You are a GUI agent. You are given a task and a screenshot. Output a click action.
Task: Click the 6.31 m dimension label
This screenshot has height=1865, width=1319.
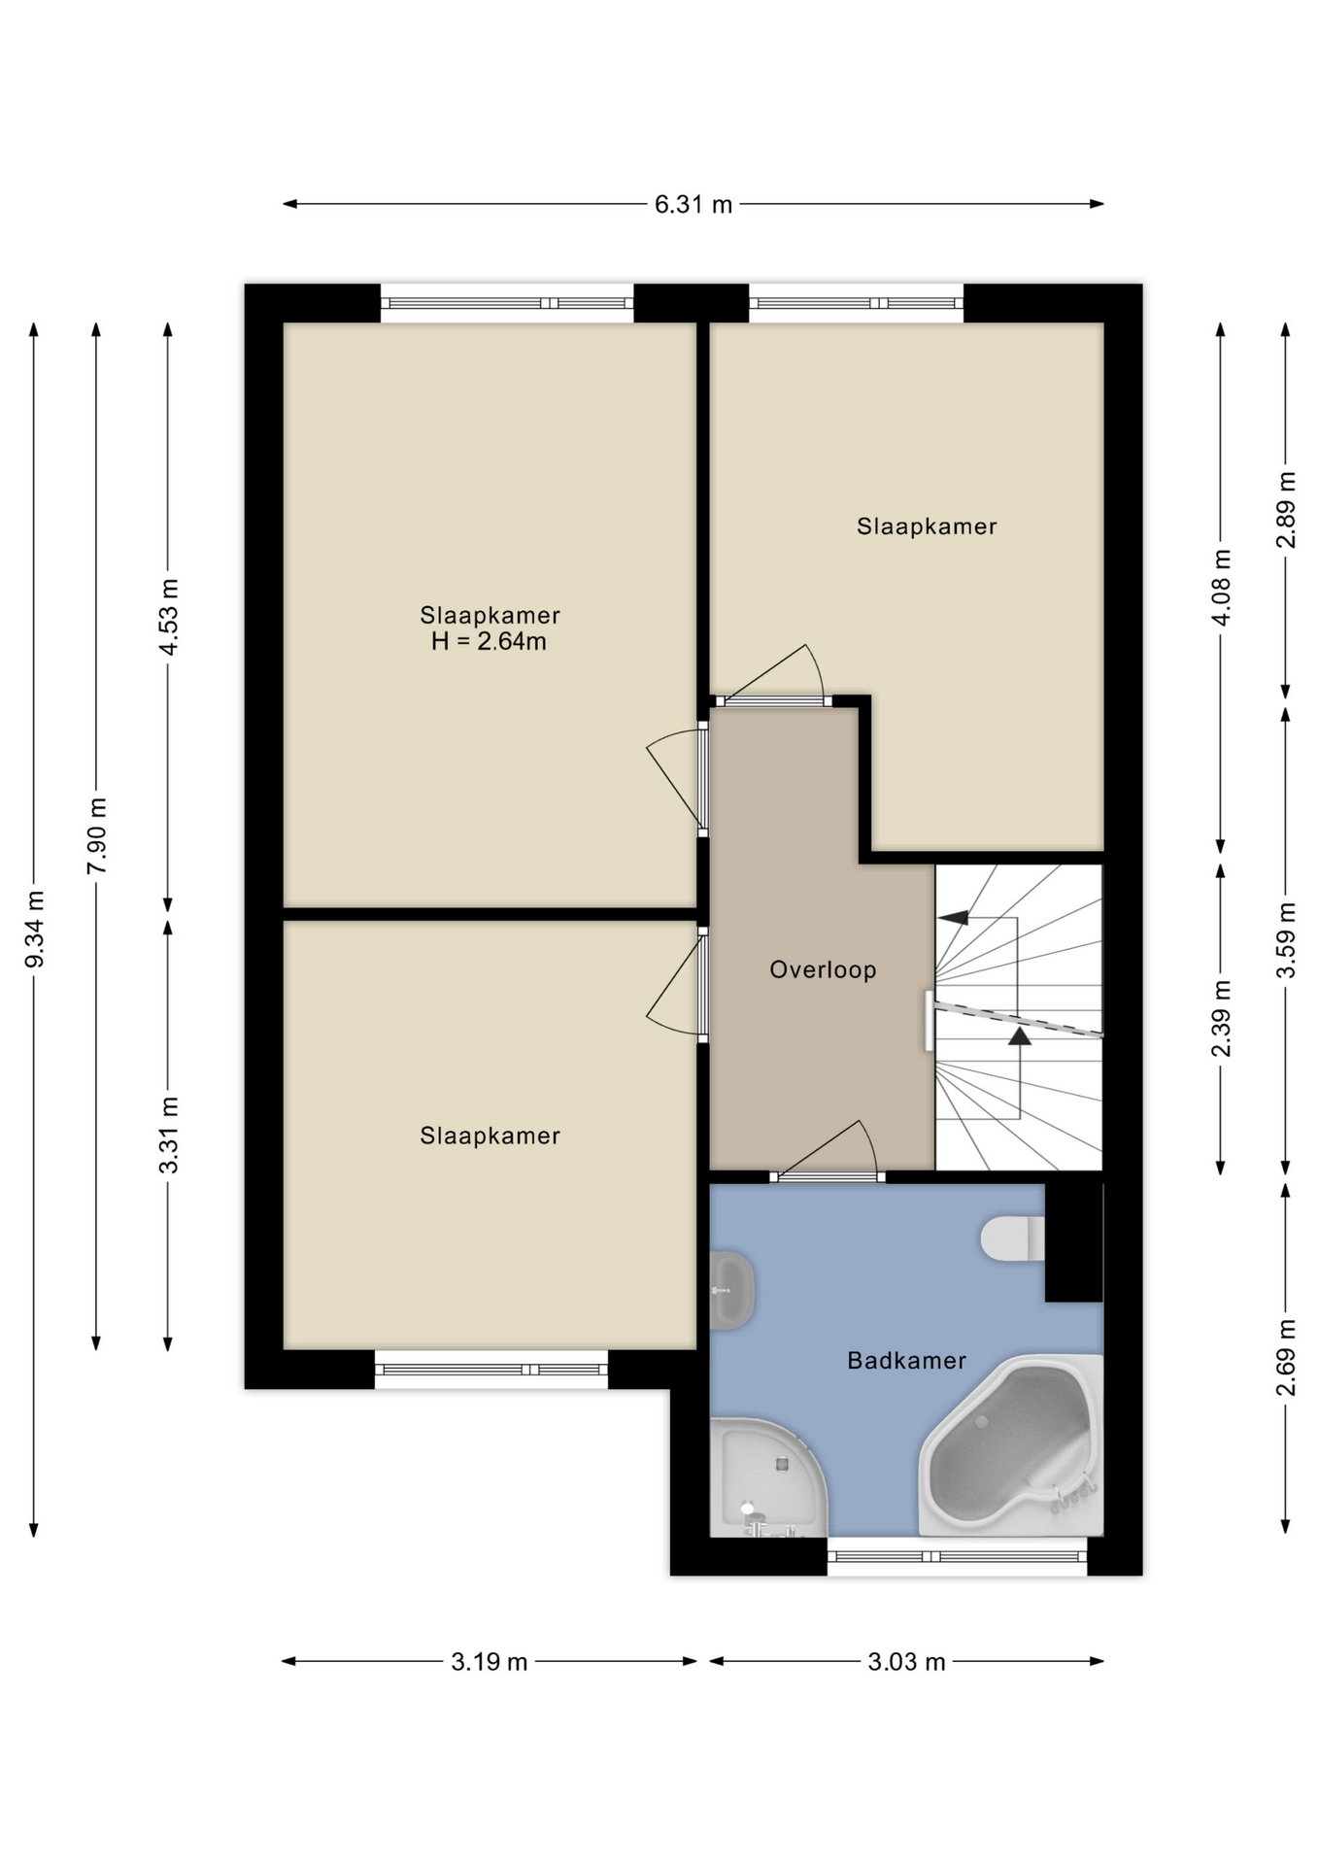tap(693, 204)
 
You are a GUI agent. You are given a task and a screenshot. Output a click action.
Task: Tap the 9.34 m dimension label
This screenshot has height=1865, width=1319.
tap(34, 930)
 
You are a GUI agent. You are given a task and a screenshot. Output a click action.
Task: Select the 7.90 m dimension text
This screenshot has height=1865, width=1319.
tap(96, 836)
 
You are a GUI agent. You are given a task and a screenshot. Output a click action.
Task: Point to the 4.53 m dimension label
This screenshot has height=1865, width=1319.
tap(168, 617)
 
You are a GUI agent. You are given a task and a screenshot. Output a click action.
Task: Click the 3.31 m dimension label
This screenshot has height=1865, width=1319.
tap(168, 1135)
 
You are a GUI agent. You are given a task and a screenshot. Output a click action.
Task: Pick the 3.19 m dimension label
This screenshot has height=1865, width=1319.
tap(489, 1662)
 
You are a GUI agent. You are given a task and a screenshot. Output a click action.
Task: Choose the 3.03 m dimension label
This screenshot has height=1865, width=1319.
tap(906, 1662)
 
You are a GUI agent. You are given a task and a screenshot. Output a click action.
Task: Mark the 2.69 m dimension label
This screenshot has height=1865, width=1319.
tap(1286, 1358)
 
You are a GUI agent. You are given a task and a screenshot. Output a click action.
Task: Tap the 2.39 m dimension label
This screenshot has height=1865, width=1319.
tap(1222, 1019)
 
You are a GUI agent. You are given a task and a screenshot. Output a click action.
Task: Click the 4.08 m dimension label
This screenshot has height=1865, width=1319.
tap(1222, 588)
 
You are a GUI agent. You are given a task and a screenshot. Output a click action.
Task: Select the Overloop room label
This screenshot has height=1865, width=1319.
tap(823, 969)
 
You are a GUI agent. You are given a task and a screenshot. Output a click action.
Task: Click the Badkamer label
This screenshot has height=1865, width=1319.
tap(906, 1361)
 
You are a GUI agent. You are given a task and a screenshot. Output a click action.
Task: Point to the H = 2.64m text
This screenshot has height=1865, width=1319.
tap(489, 641)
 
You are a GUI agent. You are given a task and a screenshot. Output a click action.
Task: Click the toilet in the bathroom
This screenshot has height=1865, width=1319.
tap(1012, 1238)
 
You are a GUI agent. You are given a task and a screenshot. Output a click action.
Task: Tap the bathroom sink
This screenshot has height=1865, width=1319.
tap(732, 1291)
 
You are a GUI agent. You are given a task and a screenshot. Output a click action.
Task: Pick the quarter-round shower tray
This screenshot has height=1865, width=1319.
tap(768, 1477)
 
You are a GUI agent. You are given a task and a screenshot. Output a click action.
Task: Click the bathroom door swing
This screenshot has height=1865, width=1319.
tap(835, 1146)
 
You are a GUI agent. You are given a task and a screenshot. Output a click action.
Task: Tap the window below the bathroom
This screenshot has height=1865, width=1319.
tap(957, 1556)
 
